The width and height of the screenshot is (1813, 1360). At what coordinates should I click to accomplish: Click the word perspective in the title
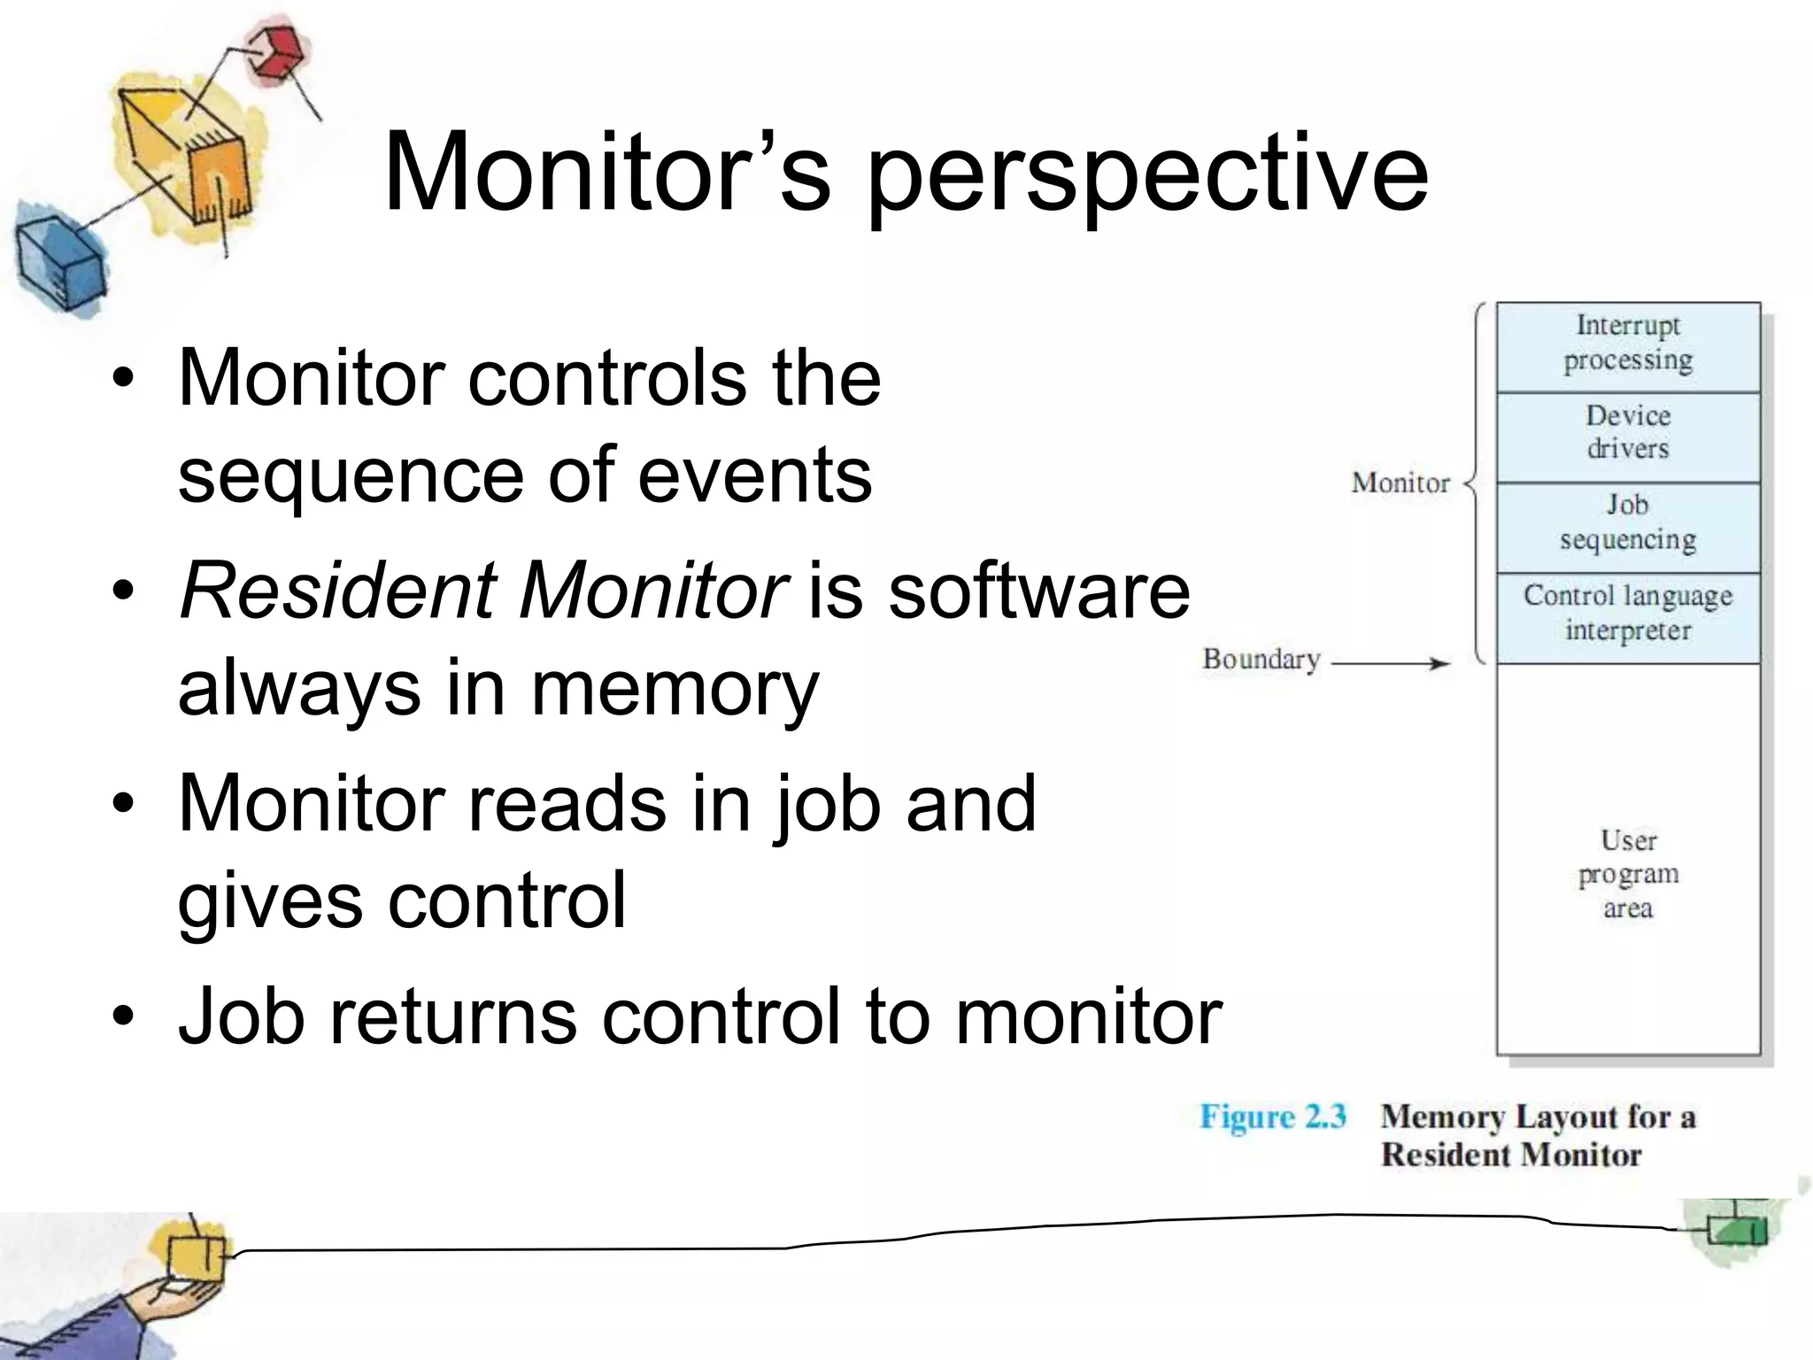tap(1146, 173)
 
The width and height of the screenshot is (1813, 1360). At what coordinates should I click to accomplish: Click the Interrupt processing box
tap(1627, 346)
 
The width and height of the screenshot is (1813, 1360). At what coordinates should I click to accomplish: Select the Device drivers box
tap(1627, 437)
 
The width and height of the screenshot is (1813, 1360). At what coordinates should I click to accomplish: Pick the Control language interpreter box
tap(1627, 616)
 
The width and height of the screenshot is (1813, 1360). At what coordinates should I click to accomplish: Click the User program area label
tap(1627, 874)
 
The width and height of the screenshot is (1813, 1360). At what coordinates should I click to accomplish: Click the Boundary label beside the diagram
tap(1261, 660)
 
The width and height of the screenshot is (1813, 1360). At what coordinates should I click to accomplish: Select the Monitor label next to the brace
tap(1400, 483)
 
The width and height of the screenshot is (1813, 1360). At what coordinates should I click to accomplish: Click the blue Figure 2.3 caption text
tap(1272, 1117)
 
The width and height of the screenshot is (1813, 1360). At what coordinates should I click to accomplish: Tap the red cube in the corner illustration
tap(276, 53)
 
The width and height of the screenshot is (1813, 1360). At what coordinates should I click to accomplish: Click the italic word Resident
tap(338, 591)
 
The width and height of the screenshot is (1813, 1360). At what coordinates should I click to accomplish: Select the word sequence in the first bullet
tap(351, 475)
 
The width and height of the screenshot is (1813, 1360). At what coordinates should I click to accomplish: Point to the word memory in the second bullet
tap(675, 689)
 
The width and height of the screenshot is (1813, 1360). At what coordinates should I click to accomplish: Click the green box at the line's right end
tap(1735, 1229)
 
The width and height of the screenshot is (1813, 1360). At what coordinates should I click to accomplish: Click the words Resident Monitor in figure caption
tap(1510, 1155)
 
